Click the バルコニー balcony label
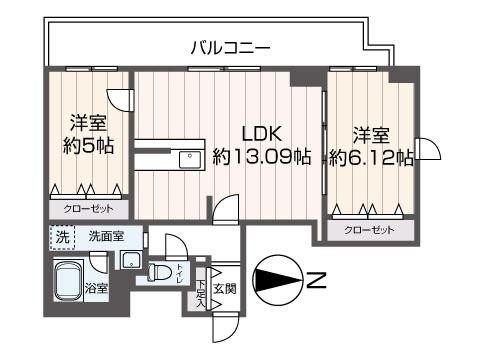230,46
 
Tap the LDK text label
265,134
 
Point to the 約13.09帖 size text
262,157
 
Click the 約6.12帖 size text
371,157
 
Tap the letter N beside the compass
316,280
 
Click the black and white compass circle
277,280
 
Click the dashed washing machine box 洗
62,238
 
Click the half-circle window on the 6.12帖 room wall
429,150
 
